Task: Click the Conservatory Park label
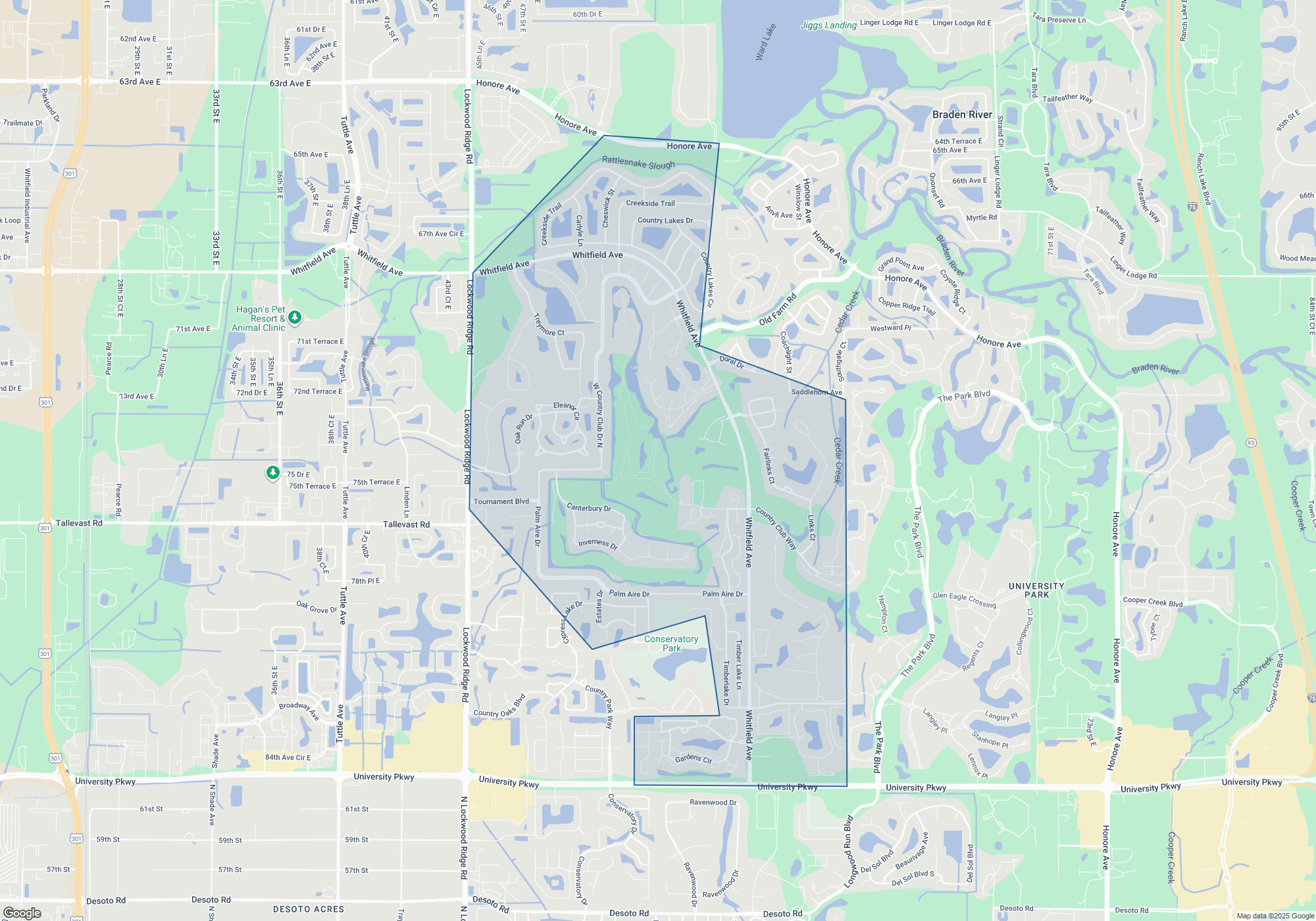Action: pos(671,643)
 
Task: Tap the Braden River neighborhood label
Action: pos(961,114)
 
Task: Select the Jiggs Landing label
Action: pos(828,25)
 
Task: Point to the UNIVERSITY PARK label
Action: pos(1036,590)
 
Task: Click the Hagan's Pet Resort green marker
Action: pos(295,318)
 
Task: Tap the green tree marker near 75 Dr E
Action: pos(273,472)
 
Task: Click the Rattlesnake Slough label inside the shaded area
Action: pos(638,162)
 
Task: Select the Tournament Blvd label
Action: pos(501,501)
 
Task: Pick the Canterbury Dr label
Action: pos(589,508)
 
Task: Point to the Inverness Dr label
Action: pos(597,544)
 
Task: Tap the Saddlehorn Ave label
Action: pos(816,392)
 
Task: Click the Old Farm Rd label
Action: pos(777,309)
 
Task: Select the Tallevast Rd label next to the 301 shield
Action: pos(79,523)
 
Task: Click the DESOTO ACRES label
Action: pos(309,909)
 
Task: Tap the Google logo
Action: pos(22,912)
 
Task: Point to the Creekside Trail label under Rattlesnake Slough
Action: pos(650,203)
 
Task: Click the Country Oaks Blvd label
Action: pos(499,706)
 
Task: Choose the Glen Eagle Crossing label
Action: pos(964,599)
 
